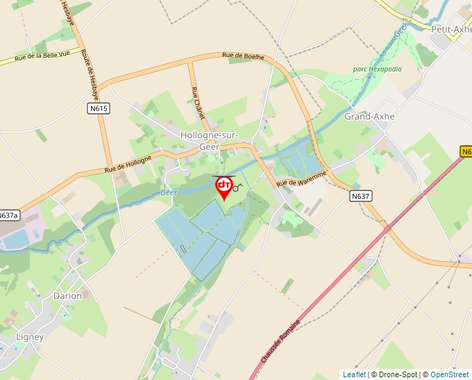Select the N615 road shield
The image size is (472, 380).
click(x=99, y=108)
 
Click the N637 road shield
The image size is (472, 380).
click(x=361, y=197)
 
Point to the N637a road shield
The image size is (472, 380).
click(x=8, y=215)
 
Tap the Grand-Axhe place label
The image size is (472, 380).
click(x=369, y=116)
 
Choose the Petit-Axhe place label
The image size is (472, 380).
click(x=451, y=29)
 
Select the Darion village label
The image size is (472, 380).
click(x=67, y=296)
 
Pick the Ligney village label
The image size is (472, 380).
click(x=30, y=337)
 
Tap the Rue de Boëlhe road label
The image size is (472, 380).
click(x=243, y=56)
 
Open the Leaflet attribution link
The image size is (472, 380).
click(x=354, y=374)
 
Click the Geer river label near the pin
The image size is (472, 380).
click(x=169, y=192)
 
